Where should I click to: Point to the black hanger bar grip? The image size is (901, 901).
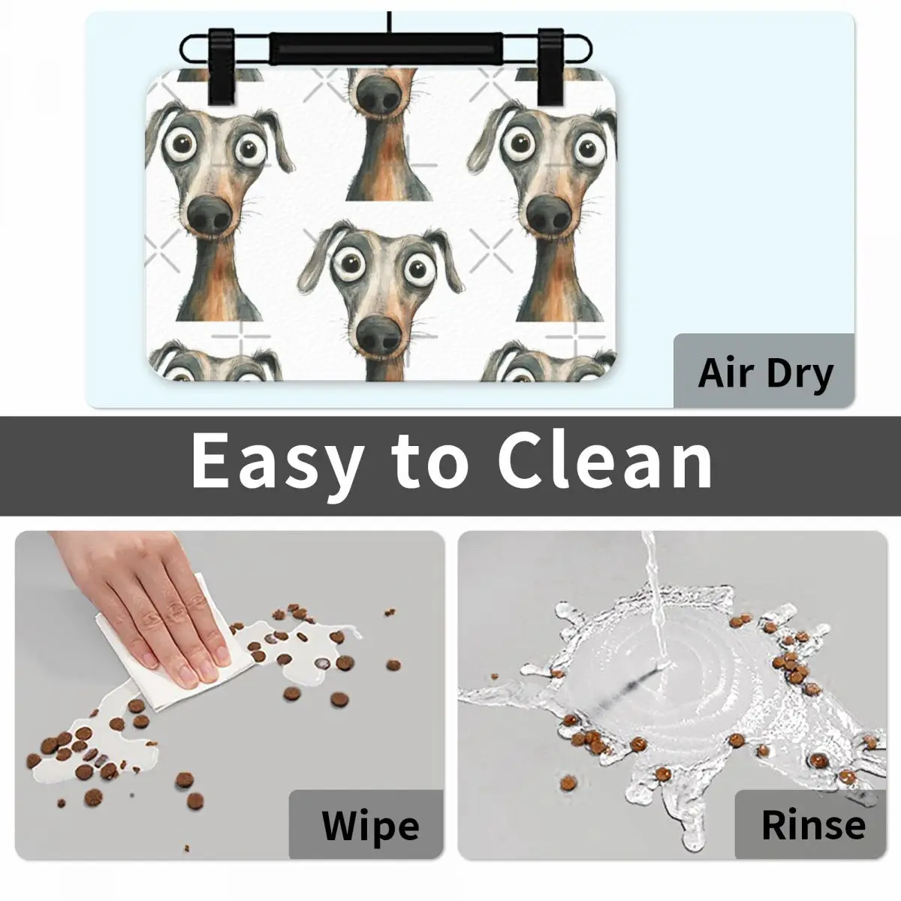(x=386, y=49)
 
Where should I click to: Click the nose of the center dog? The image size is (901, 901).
(x=378, y=335)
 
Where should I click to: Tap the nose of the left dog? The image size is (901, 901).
(x=209, y=214)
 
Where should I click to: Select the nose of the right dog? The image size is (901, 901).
(x=549, y=215)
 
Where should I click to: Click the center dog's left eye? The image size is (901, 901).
(x=350, y=267)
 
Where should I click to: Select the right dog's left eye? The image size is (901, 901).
(x=519, y=143)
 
